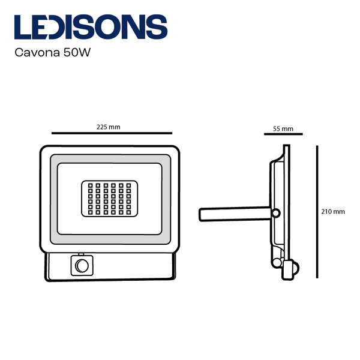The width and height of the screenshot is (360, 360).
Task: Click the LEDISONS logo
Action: (91, 27)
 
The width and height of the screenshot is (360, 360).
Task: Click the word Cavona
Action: (37, 53)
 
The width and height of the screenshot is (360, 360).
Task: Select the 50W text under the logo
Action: (77, 53)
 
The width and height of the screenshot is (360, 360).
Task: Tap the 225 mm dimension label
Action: (108, 127)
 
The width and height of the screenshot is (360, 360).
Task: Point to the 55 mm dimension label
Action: (283, 129)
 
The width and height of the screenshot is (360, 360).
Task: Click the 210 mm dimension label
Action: (333, 212)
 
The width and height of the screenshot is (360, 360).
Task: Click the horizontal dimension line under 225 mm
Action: (112, 133)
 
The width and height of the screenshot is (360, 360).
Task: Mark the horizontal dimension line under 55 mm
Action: (283, 134)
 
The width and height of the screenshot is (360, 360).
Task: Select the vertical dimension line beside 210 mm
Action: (317, 212)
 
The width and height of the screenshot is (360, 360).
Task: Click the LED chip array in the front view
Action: (110, 199)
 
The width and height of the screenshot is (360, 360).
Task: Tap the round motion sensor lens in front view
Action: (82, 266)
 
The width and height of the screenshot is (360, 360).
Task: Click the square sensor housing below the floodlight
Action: (82, 266)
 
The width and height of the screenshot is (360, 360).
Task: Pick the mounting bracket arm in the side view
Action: (235, 214)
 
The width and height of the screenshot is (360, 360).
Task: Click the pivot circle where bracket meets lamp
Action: (276, 213)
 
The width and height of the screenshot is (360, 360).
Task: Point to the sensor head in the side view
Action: (290, 269)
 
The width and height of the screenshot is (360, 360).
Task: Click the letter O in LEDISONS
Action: (108, 27)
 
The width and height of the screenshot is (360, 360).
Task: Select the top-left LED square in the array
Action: (90, 185)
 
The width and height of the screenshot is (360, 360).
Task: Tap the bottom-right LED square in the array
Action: (128, 212)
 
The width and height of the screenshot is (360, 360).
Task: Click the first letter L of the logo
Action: (23, 27)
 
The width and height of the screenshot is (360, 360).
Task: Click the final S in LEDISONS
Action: (157, 27)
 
